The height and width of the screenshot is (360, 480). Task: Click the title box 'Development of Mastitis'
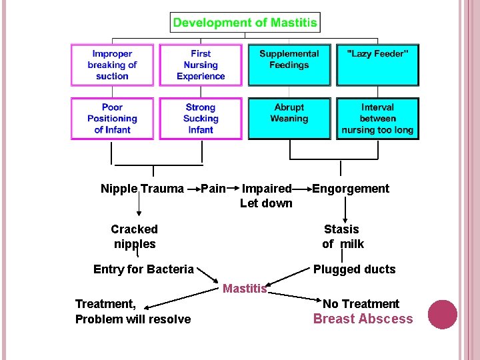(245, 23)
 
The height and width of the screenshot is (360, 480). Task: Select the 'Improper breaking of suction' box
(112, 65)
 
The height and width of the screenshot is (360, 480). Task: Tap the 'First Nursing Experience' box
(201, 65)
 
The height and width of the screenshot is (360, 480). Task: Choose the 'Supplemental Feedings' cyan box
(289, 65)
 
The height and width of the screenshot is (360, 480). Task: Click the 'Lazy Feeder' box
(377, 65)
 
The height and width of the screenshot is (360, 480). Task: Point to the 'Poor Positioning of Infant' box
(112, 119)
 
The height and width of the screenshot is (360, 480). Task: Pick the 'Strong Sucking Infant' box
(201, 119)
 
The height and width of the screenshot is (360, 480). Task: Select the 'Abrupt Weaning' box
(289, 119)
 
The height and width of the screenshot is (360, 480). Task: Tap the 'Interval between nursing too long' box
(377, 119)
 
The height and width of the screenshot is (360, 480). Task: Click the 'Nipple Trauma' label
(142, 189)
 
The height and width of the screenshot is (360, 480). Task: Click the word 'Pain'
(213, 189)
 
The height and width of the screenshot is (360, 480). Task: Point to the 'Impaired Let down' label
(266, 196)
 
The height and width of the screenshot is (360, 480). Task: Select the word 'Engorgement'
(351, 189)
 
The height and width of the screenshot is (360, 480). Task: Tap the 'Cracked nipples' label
(135, 236)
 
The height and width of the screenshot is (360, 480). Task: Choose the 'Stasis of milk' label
(343, 236)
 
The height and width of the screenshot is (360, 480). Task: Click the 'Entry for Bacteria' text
(143, 269)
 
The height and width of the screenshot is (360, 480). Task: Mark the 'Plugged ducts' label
(355, 269)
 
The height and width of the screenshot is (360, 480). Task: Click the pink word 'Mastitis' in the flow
(245, 289)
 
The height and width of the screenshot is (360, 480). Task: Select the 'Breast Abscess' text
(363, 319)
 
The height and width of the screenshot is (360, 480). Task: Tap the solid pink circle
(442, 315)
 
